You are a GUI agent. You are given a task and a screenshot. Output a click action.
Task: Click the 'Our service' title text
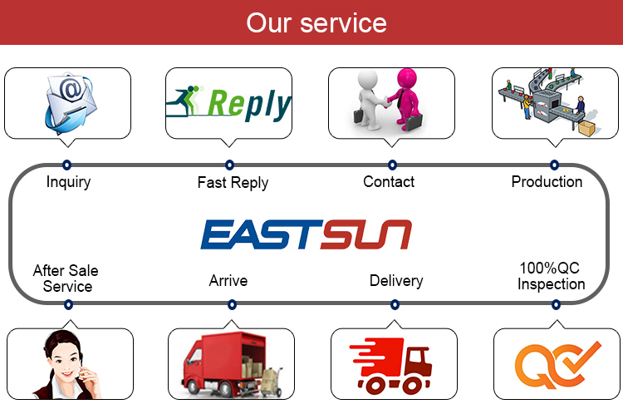point(316,22)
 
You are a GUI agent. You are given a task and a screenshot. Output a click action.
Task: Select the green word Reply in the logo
point(249,105)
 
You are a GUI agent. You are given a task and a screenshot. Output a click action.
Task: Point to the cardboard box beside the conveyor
point(586,128)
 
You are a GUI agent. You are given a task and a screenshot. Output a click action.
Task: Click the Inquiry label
point(68,182)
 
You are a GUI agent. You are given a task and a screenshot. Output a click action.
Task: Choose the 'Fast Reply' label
point(233,183)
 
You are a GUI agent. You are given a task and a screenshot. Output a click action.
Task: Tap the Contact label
point(389,182)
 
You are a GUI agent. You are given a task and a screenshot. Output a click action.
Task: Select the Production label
point(547,182)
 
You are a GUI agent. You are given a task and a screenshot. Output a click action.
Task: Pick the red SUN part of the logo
point(366,234)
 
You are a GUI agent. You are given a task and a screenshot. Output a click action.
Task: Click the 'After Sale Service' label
point(66,278)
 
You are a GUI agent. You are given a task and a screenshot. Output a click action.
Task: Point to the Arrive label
point(228,281)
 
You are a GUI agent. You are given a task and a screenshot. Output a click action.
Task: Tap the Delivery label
point(396,281)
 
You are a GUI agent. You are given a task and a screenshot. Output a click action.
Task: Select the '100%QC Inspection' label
point(551,276)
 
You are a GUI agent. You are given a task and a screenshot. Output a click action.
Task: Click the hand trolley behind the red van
point(272,382)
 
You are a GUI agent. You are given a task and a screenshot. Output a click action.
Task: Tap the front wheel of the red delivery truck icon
point(411,385)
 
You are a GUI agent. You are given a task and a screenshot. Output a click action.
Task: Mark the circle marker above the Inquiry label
point(66,165)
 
